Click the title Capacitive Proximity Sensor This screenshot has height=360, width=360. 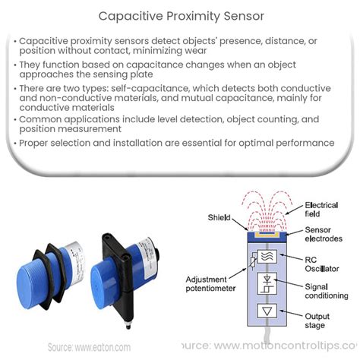(x=179, y=14)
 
